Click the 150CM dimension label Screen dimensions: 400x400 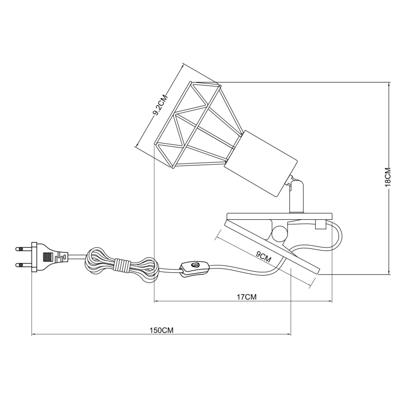[x=161, y=330]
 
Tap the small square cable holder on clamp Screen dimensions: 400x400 [x=320, y=224]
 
